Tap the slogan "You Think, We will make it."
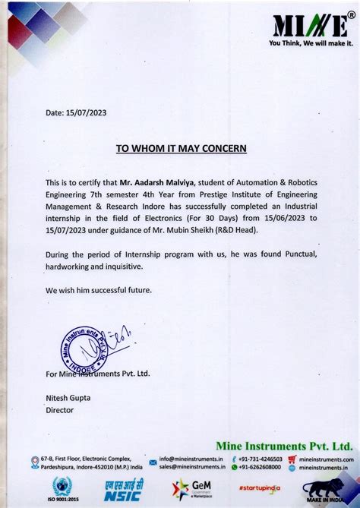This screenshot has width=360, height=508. click(311, 43)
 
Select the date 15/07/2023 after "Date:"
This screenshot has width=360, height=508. click(86, 113)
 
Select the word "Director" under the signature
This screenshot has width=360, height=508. click(60, 409)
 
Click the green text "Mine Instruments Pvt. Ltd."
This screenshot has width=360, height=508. click(284, 446)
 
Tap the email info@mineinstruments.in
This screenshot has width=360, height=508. click(191, 459)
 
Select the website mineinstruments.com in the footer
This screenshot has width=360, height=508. click(327, 459)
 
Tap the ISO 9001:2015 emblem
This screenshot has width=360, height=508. click(62, 490)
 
